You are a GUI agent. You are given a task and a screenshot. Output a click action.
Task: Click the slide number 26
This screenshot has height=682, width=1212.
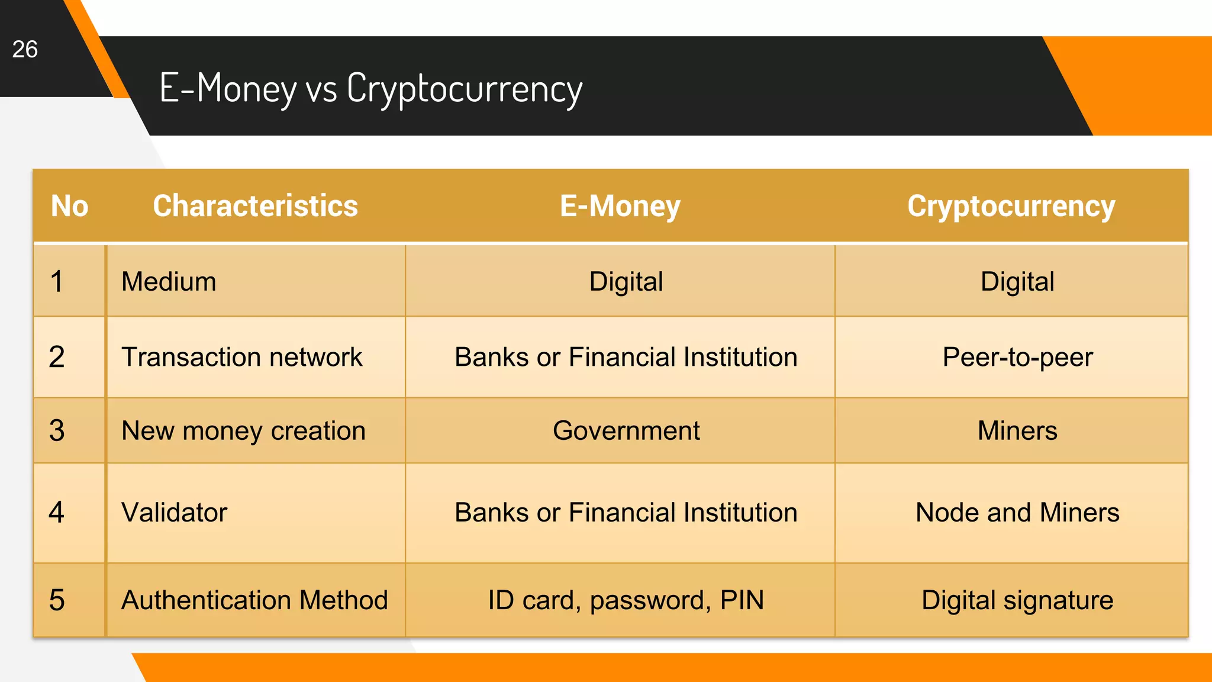[25, 49]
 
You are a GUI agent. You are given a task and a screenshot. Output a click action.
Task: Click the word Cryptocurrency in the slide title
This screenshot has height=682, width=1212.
[465, 89]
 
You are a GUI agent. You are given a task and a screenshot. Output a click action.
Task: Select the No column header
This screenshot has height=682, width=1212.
[69, 206]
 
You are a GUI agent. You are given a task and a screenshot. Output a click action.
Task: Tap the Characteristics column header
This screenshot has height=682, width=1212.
[255, 206]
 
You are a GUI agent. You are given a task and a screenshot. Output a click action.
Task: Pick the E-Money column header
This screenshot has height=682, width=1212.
[620, 206]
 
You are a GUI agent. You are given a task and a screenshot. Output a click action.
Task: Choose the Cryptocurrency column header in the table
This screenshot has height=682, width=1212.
[1011, 206]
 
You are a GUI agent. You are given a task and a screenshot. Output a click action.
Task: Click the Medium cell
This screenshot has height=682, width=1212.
[169, 281]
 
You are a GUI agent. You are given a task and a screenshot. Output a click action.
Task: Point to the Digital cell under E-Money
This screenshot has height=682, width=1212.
[626, 281]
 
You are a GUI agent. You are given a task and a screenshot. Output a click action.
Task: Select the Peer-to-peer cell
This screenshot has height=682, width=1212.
[1017, 357]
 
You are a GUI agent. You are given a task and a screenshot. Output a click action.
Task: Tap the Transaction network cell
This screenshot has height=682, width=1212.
[241, 357]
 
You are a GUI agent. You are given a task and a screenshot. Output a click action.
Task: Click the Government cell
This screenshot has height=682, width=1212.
[626, 430]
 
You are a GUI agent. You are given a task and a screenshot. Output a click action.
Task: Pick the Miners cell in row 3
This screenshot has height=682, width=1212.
[1017, 430]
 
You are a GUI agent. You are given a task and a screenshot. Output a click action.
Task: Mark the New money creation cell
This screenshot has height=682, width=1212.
[243, 430]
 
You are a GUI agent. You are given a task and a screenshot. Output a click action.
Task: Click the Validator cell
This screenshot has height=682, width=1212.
[174, 512]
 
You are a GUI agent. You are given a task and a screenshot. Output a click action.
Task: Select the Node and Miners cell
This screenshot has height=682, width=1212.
[1017, 512]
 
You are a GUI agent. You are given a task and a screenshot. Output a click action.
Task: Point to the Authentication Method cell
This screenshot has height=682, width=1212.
[254, 600]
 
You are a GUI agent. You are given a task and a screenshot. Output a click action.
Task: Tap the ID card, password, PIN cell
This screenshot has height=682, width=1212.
[626, 600]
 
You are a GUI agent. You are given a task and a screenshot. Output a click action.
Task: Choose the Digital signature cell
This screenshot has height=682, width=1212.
[1017, 600]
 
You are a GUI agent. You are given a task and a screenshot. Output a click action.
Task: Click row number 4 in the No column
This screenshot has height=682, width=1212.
[57, 512]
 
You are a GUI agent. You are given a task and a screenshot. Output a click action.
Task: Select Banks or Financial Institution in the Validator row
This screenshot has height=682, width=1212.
[626, 512]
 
